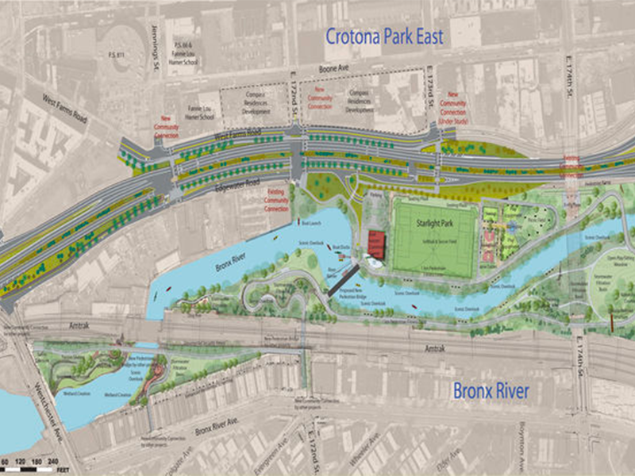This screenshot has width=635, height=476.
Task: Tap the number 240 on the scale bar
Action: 53,460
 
